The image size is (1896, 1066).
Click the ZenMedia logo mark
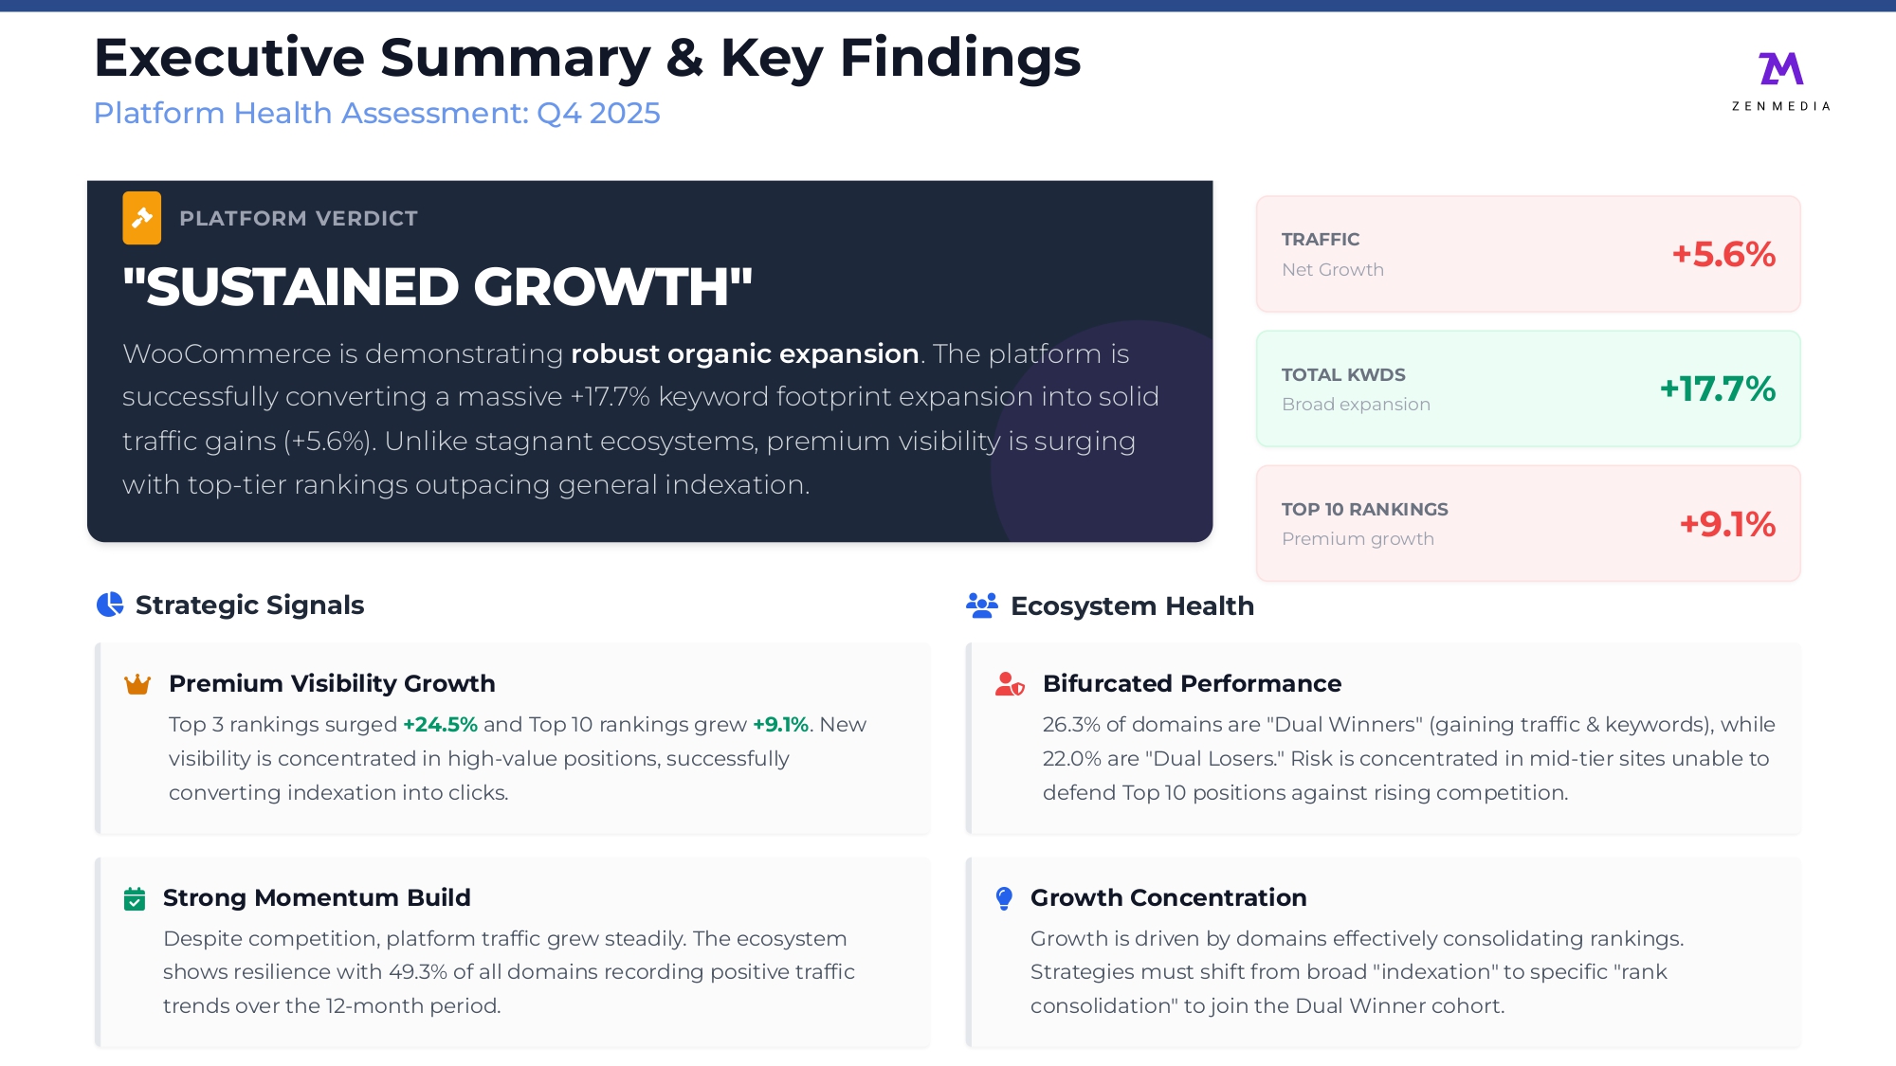(1780, 68)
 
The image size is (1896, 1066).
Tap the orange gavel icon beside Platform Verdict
(141, 218)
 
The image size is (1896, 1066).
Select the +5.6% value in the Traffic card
(1723, 254)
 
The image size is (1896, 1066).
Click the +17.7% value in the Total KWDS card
(1717, 388)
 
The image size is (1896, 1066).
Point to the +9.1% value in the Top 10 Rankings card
(1727, 524)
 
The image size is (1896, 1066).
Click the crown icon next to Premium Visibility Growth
(137, 684)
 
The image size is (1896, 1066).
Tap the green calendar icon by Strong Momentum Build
(135, 898)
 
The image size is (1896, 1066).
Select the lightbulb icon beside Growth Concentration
(1004, 898)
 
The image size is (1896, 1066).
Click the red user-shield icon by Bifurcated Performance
(1010, 684)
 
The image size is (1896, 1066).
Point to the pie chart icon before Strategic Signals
(110, 605)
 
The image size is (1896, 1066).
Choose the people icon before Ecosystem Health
(982, 605)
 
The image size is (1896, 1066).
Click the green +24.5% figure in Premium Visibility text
(440, 725)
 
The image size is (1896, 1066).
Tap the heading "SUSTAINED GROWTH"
(438, 286)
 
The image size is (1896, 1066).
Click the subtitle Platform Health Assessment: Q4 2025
(376, 113)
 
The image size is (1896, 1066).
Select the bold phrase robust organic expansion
(745, 354)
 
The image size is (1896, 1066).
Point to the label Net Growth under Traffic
(1333, 270)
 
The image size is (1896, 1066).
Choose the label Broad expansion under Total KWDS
(1356, 405)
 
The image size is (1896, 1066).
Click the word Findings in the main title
(960, 59)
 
